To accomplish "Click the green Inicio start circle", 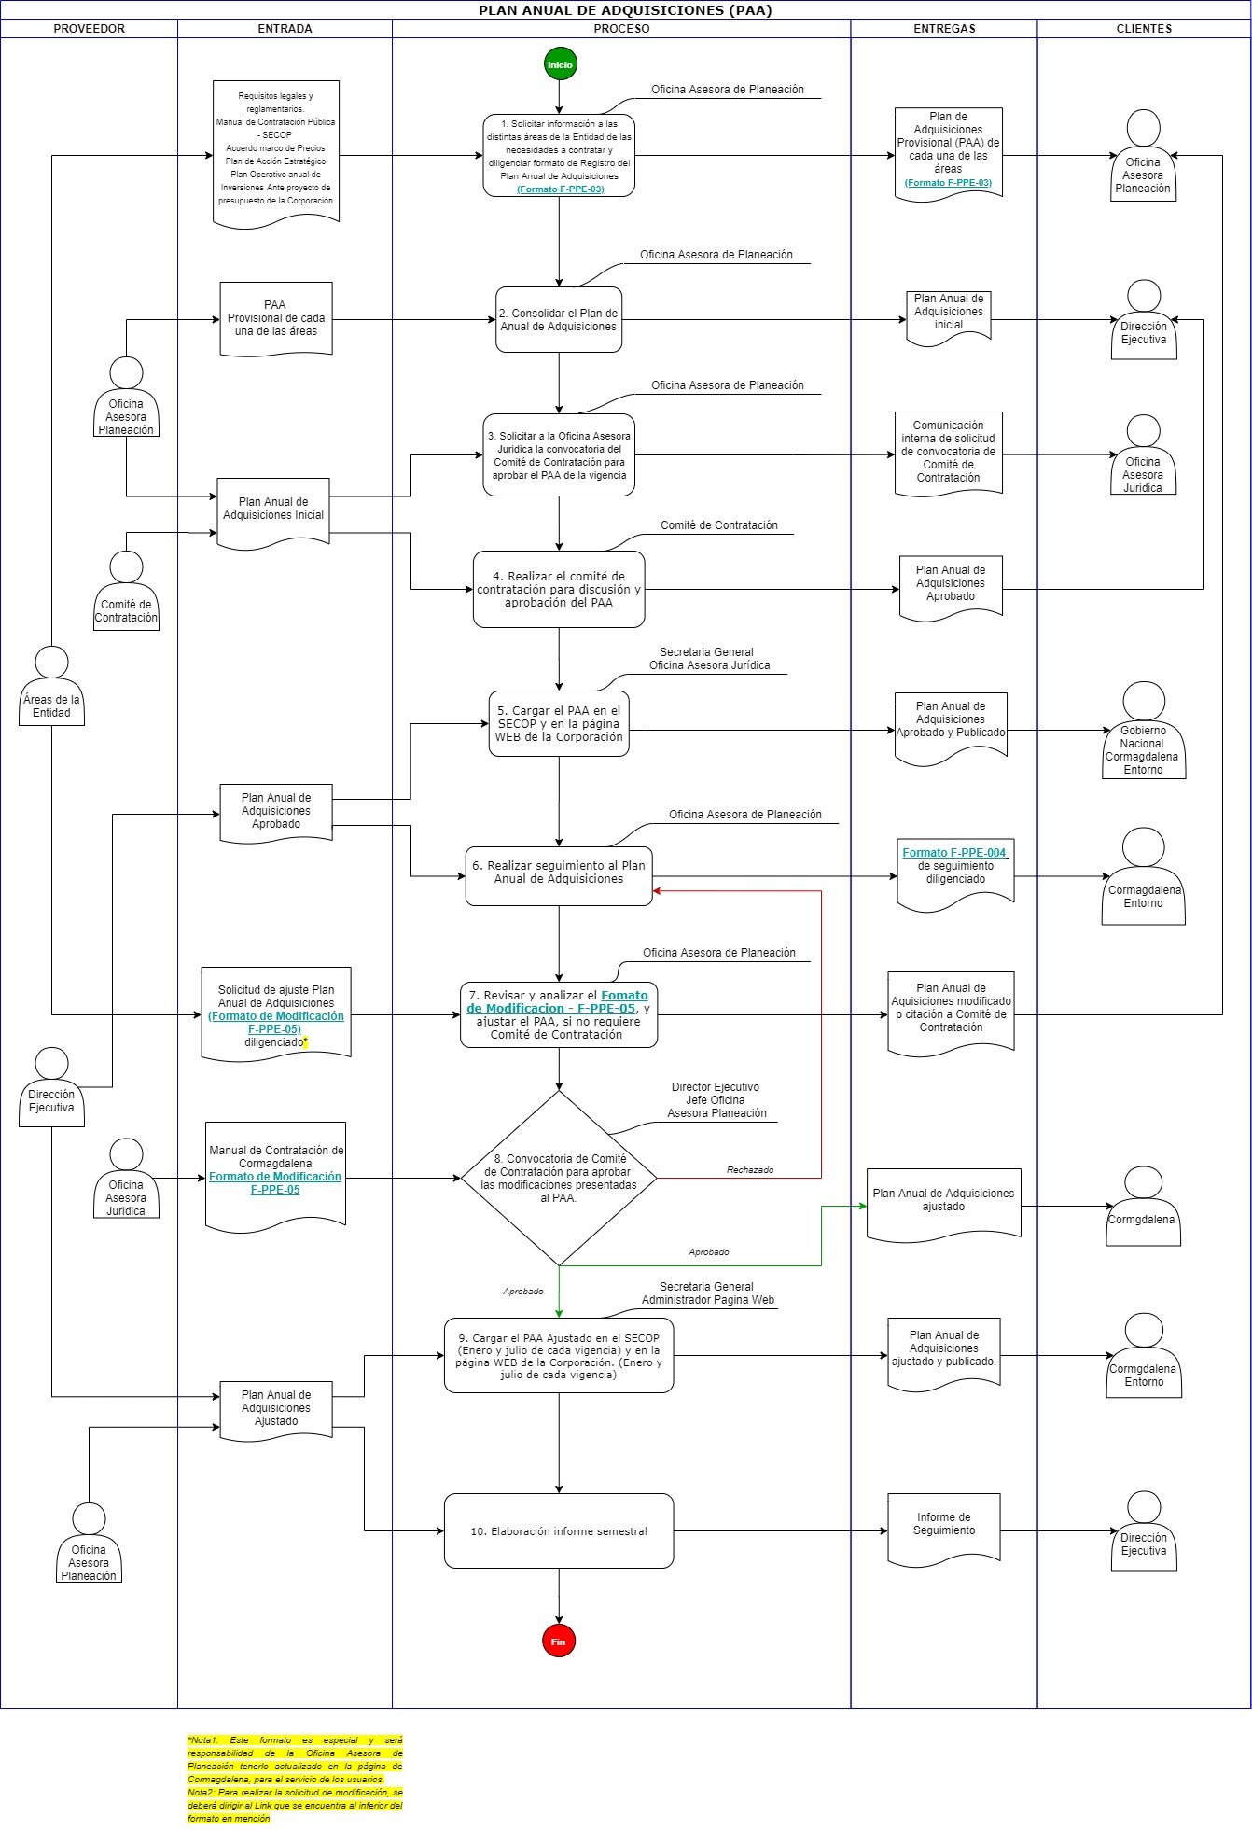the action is pos(560,64).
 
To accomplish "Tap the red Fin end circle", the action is pos(559,1641).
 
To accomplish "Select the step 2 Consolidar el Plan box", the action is pos(559,319).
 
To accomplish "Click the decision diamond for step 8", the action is pos(559,1178).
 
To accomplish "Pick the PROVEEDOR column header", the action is pos(90,29).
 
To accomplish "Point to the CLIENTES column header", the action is pos(1144,29).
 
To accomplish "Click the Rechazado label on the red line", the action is pos(750,1170).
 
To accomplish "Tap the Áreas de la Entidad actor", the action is pos(52,686).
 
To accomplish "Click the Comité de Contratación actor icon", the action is pos(126,591).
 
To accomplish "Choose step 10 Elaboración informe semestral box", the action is pos(559,1530).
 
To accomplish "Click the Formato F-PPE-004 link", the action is pos(954,853).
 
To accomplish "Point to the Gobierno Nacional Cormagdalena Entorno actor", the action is pos(1144,730).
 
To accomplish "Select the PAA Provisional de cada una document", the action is pos(276,319).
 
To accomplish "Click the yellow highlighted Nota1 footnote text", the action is pos(295,1759).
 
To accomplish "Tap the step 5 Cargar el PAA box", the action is pos(559,723).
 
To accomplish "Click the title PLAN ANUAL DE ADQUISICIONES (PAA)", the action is pos(625,10).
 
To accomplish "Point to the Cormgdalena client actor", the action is pos(1144,1206).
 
